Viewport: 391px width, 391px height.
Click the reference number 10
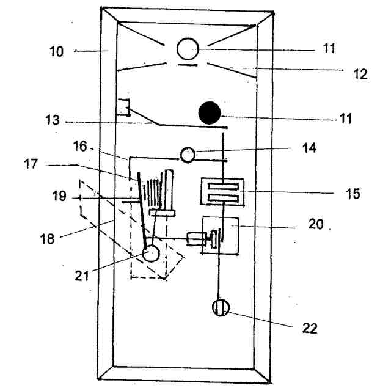[56, 51]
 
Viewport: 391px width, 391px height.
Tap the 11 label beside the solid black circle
[347, 118]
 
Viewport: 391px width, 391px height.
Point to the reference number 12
[360, 74]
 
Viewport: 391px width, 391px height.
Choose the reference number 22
[310, 328]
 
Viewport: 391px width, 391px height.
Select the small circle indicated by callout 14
[187, 155]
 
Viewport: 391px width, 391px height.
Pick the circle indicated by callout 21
[151, 253]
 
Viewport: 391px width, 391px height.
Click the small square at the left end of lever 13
[123, 108]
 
